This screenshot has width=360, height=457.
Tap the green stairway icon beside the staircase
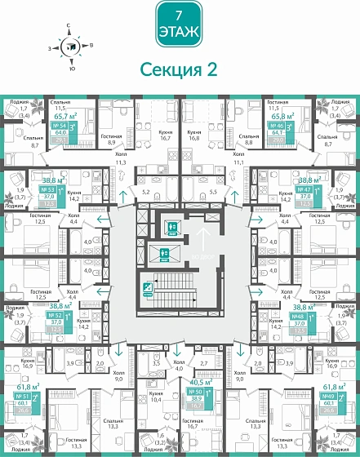tap(149, 286)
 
